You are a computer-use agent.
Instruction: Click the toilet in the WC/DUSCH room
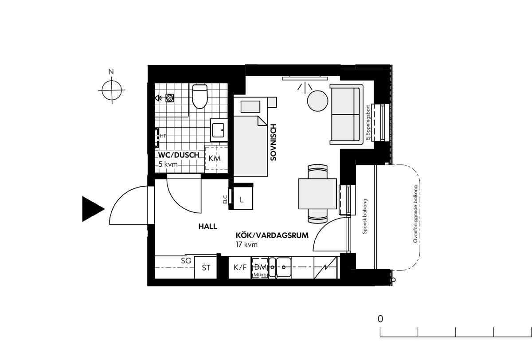point(200,96)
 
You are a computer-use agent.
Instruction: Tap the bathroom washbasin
point(219,130)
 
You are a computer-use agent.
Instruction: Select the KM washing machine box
point(216,158)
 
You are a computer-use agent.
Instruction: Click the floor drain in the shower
point(169,98)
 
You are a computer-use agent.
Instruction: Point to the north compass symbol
point(112,90)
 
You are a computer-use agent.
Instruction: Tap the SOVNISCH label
point(274,142)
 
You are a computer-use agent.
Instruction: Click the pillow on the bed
point(250,106)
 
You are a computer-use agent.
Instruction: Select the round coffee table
point(317,101)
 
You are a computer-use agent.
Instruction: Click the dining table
point(317,194)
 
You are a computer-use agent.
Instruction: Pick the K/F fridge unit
point(240,267)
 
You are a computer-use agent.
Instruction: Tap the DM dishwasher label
point(261,267)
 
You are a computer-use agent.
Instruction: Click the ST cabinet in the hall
point(206,267)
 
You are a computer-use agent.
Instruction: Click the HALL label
point(208,226)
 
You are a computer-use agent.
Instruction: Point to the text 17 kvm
point(247,245)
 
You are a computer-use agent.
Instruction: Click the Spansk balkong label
point(365,216)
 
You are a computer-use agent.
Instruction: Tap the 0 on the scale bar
point(380,319)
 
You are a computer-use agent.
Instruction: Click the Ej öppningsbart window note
point(368,122)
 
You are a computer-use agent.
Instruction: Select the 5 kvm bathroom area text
point(168,164)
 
